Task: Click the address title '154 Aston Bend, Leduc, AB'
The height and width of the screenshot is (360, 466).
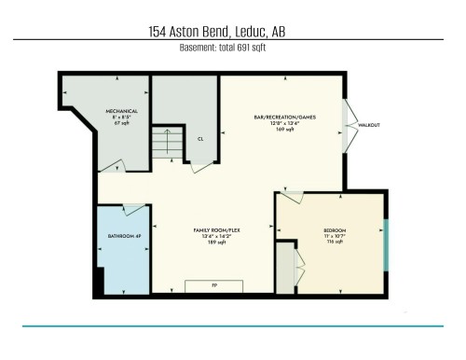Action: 216,32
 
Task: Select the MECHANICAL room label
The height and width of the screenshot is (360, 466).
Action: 120,110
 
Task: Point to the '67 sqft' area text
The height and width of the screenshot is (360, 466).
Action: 120,122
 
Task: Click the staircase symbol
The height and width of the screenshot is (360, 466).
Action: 168,143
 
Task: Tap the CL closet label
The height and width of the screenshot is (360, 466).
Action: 199,139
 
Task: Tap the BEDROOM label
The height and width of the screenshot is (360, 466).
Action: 336,230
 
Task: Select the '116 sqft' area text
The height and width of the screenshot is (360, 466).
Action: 336,242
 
